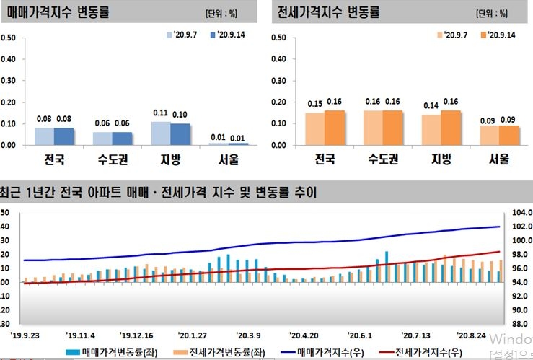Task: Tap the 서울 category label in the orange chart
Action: pyautogui.click(x=498, y=159)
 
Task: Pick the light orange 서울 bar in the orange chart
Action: pyautogui.click(x=489, y=136)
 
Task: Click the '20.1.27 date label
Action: pyautogui.click(x=193, y=335)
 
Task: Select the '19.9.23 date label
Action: pyautogui.click(x=26, y=335)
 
